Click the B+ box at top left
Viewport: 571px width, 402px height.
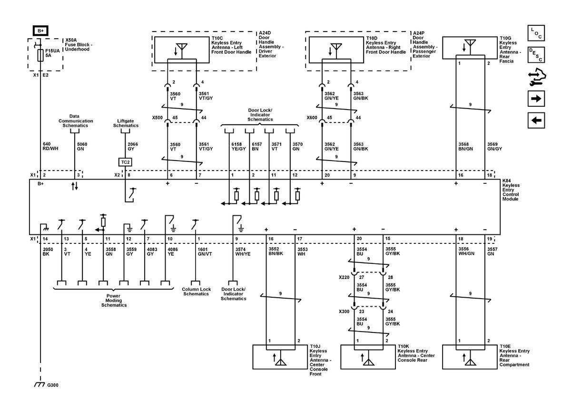coord(40,30)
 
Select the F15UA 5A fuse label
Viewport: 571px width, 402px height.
coord(52,52)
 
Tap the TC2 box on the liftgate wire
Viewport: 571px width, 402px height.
coord(125,162)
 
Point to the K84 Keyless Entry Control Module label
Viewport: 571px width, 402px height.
coord(512,190)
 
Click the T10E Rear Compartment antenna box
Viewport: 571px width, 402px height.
coord(470,356)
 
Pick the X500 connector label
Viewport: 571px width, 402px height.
coord(158,117)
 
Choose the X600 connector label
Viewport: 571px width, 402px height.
coord(312,117)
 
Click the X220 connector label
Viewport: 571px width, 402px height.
coord(345,276)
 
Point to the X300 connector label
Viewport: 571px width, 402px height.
coord(345,312)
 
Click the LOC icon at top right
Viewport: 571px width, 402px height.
coord(536,33)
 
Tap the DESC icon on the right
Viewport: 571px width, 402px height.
coord(536,55)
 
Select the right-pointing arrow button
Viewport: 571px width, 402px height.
coord(536,99)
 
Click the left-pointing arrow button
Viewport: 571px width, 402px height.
coord(536,121)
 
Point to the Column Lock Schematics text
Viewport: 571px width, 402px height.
coord(196,291)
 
